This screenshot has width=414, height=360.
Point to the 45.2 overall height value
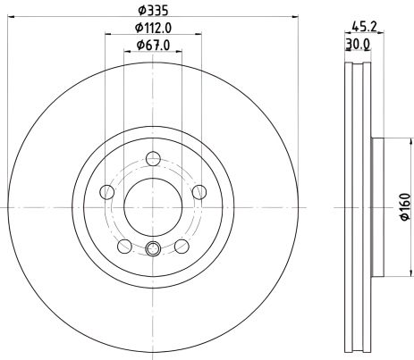point(364,27)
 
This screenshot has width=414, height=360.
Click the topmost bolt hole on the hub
point(153,159)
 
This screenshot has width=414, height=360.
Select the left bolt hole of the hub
point(107,191)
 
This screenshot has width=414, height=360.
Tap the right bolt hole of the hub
point(198,191)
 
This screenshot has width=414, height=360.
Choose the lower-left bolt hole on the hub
point(124,245)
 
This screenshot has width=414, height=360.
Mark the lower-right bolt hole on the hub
point(182,245)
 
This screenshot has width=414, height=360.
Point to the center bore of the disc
point(153,207)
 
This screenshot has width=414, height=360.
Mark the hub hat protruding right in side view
point(377,207)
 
